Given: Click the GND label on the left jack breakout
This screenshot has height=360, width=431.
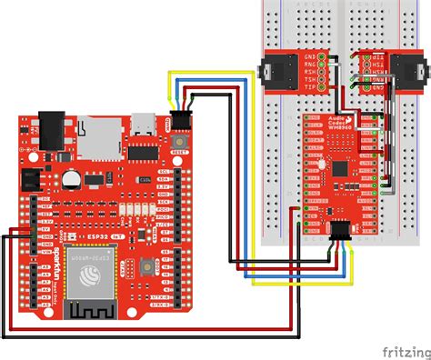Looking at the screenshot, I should point(310,56).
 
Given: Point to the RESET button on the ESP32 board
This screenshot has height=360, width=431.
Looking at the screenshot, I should point(185,146).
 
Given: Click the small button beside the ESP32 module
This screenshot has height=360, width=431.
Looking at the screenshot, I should point(146,266).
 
